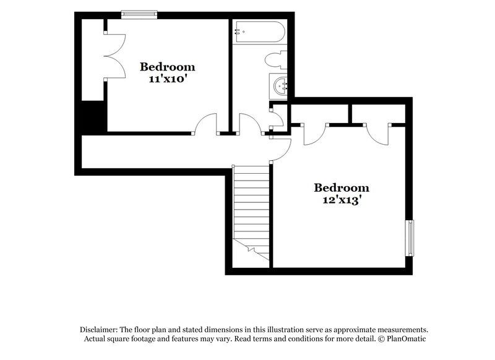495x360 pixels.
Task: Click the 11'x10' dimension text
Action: coord(167,80)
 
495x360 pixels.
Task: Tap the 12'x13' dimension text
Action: coord(342,200)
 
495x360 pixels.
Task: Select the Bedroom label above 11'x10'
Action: coord(167,67)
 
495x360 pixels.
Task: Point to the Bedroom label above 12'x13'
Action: coord(342,187)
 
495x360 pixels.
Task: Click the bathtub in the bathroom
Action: coord(258,31)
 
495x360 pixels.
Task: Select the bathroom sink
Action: coord(280,85)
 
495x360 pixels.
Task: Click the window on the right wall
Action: coord(409,238)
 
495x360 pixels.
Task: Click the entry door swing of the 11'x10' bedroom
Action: coord(205,124)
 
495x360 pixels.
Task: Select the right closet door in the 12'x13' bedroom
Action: coord(377,132)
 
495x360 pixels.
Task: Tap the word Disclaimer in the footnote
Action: coord(100,330)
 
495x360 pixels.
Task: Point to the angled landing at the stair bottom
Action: coord(252,251)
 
